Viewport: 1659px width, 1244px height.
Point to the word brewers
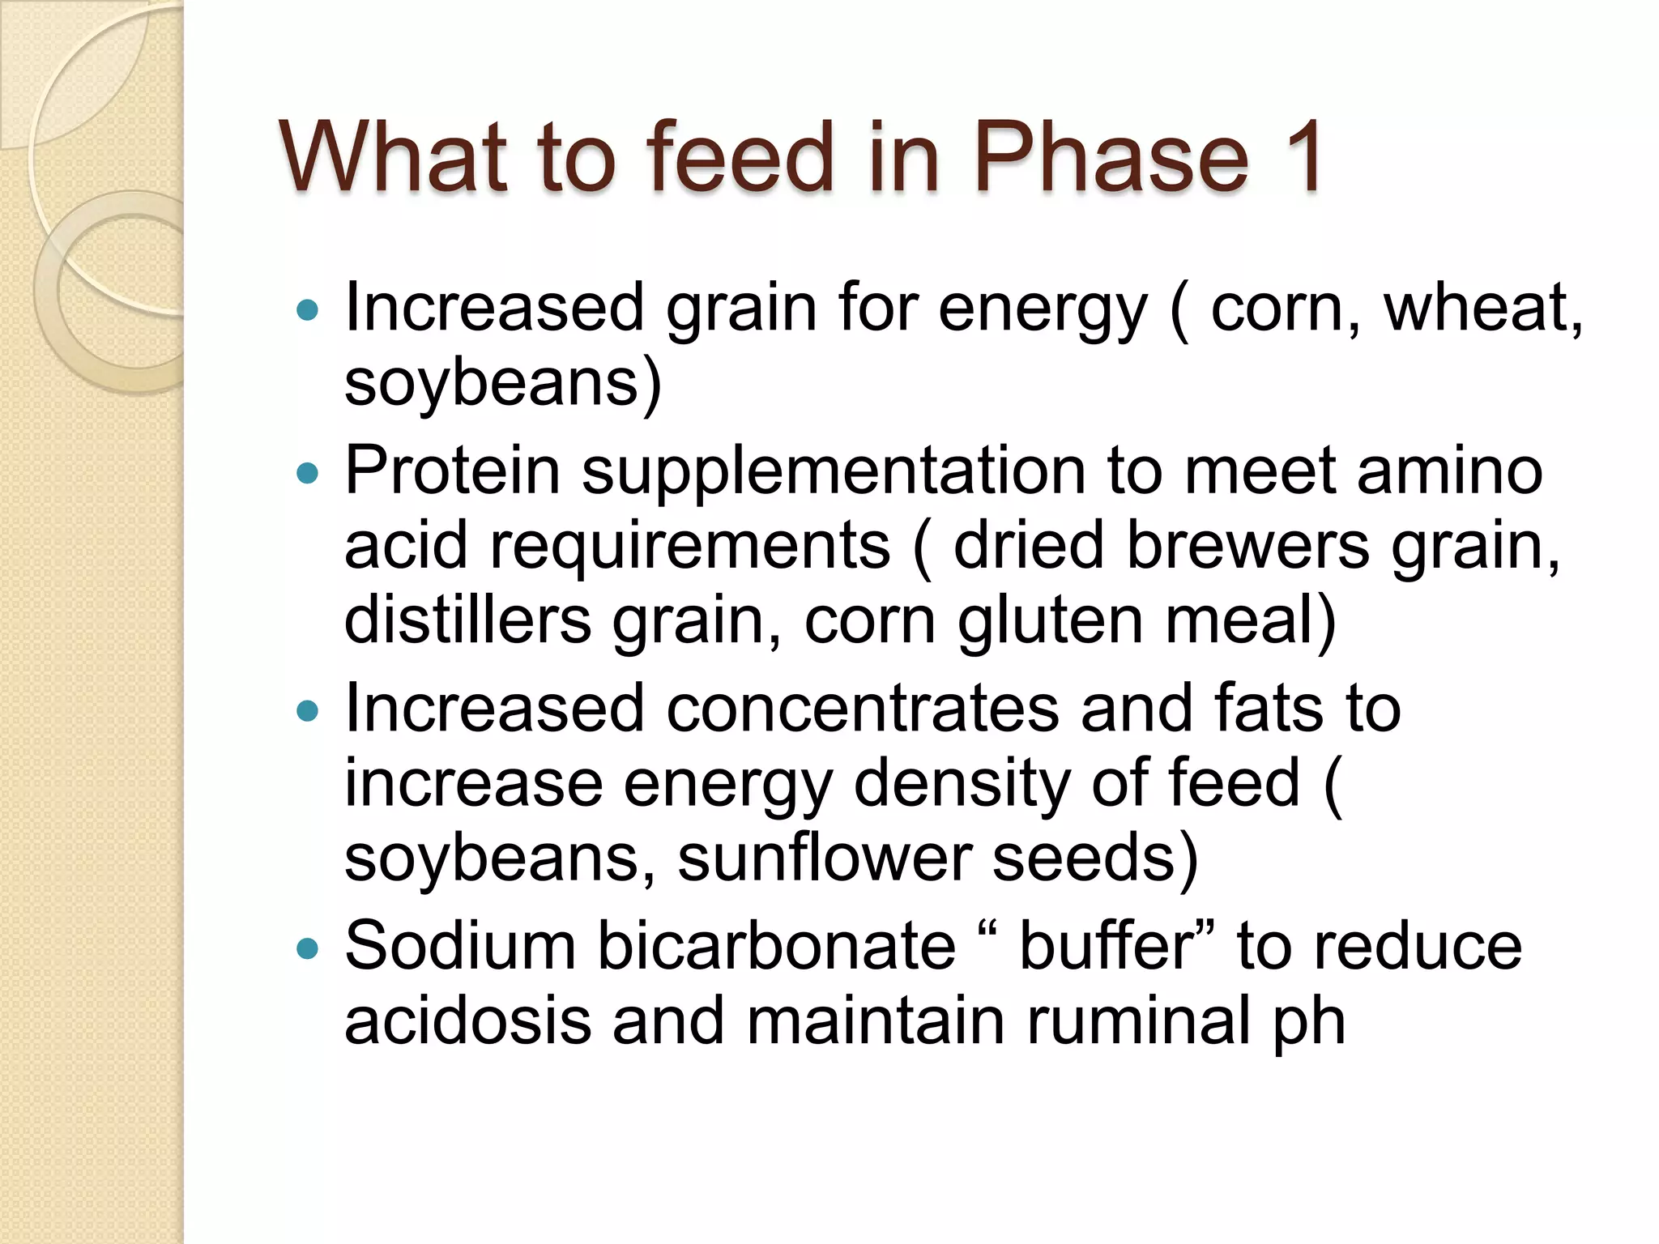point(1247,546)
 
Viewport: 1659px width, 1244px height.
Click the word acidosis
point(467,1022)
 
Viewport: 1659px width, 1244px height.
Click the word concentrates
point(863,709)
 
